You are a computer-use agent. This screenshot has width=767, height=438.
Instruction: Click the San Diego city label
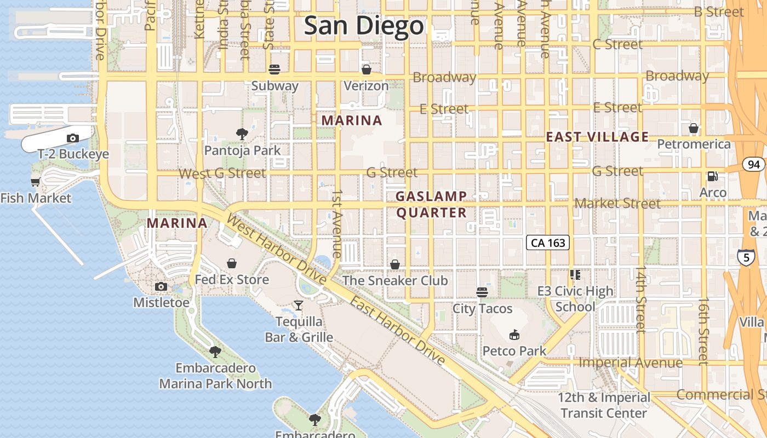tap(364, 26)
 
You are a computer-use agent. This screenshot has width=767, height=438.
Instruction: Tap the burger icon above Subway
tap(274, 70)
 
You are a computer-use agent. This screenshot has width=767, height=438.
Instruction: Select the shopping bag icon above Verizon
tap(367, 70)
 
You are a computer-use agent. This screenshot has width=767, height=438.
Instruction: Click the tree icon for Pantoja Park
tap(242, 134)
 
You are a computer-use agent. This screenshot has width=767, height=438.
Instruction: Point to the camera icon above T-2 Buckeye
tap(73, 138)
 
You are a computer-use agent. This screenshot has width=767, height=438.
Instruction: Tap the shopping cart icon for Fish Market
tap(36, 182)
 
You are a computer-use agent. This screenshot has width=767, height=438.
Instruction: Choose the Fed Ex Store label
tap(232, 280)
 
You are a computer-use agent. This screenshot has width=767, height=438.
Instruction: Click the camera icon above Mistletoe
tap(161, 286)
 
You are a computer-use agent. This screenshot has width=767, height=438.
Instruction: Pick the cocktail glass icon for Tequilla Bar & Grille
tap(299, 305)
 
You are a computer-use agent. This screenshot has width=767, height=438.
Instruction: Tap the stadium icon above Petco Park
tap(514, 335)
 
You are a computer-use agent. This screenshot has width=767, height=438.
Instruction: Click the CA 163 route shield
tap(548, 243)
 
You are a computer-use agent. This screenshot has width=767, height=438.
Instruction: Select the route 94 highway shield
tap(754, 164)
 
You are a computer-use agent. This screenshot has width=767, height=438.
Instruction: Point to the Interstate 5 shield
tap(746, 257)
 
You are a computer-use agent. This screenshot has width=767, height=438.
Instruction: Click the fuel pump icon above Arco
tap(713, 176)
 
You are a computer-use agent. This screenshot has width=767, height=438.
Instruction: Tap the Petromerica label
tap(694, 144)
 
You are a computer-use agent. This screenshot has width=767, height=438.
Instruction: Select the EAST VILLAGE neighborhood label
tap(597, 137)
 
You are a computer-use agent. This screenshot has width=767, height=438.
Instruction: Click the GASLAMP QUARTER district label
tap(432, 204)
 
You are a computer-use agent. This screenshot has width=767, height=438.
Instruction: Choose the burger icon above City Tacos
tap(482, 292)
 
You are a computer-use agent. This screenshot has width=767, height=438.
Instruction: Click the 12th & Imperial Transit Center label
tap(604, 405)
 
